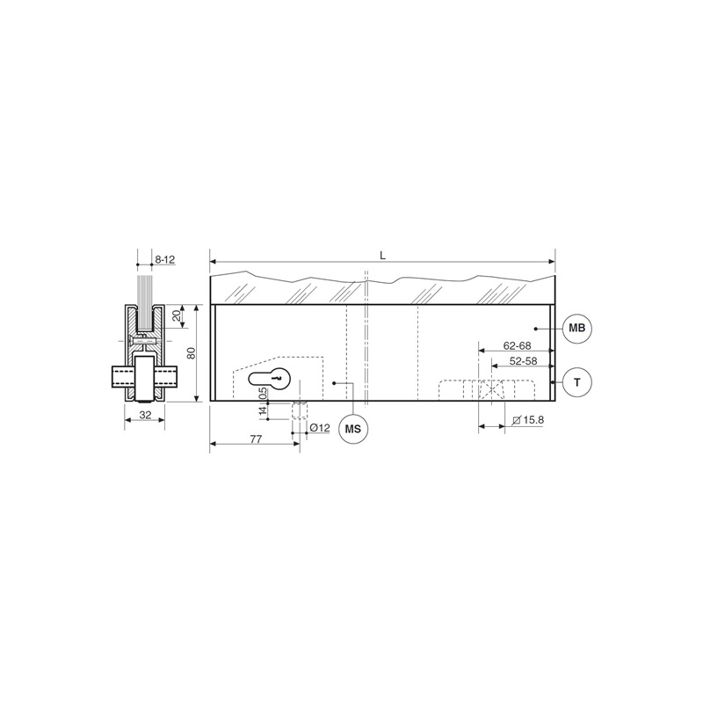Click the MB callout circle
pos(577,328)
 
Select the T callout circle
pos(577,382)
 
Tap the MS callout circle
pos(353,429)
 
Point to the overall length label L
pos(382,256)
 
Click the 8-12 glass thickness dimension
pos(164,259)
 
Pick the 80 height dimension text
pos(192,353)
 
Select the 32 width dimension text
pos(145,415)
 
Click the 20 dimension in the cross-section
pos(178,316)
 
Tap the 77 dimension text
pos(256,439)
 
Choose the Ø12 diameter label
pos(320,428)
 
